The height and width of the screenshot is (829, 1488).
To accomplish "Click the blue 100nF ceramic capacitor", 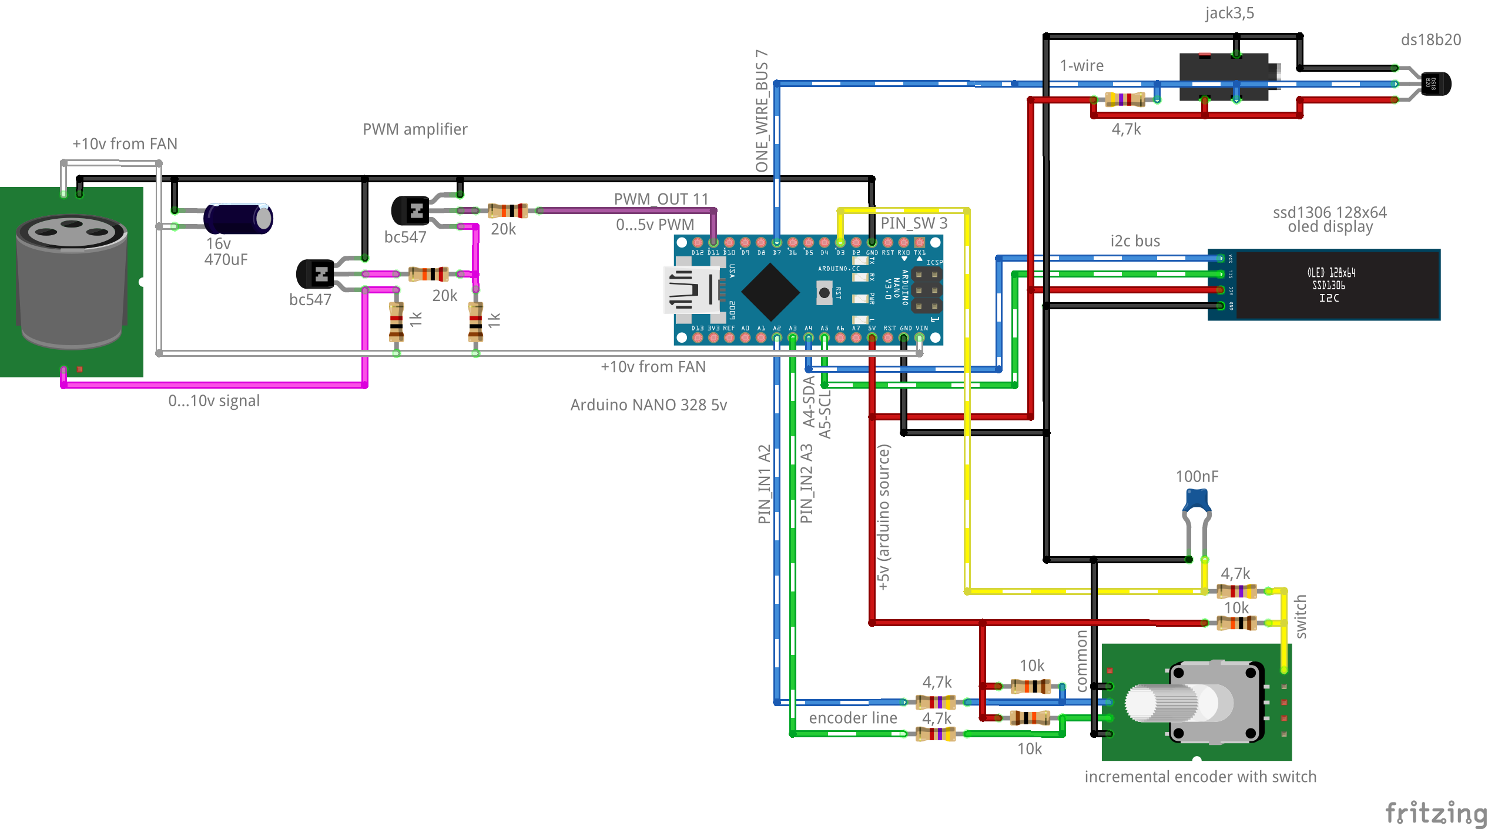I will pyautogui.click(x=1197, y=502).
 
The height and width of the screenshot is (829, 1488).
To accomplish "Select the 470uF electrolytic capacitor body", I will pyautogui.click(x=237, y=219).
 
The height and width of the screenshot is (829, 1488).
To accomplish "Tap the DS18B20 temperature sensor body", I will pyautogui.click(x=1436, y=83).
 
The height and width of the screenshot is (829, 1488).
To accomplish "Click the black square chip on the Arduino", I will pyautogui.click(x=770, y=292).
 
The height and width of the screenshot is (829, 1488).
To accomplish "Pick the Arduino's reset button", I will pyautogui.click(x=825, y=292).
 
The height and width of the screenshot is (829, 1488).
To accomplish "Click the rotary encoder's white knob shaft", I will pyautogui.click(x=1161, y=703).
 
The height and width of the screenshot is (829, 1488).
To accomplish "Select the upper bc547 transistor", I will pyautogui.click(x=411, y=210).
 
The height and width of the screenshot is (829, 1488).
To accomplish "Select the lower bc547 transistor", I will pyautogui.click(x=316, y=274).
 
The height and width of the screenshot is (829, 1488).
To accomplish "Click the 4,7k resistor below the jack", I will pyautogui.click(x=1125, y=99).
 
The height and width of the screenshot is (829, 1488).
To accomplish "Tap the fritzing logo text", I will pyautogui.click(x=1435, y=813).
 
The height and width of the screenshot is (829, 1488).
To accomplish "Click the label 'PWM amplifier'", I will pyautogui.click(x=415, y=129).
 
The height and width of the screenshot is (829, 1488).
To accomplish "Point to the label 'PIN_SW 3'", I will pyautogui.click(x=914, y=223).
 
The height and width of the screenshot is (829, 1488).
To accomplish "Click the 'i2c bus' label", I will pyautogui.click(x=1135, y=241).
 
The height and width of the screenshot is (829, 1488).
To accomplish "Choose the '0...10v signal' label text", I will pyautogui.click(x=214, y=401).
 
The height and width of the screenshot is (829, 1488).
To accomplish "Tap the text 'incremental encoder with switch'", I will pyautogui.click(x=1200, y=777).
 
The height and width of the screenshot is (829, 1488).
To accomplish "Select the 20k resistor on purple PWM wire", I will pyautogui.click(x=508, y=210).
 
